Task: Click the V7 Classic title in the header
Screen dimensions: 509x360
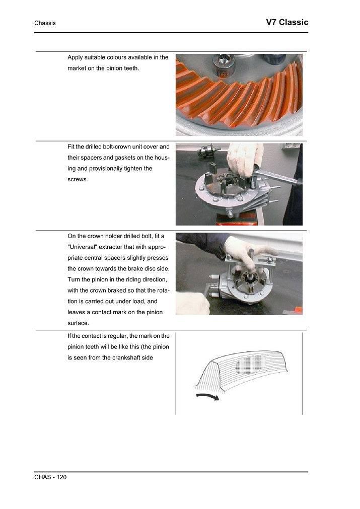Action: pyautogui.click(x=286, y=23)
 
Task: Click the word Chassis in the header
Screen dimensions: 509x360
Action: pyautogui.click(x=45, y=23)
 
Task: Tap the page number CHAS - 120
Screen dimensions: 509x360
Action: pyautogui.click(x=50, y=477)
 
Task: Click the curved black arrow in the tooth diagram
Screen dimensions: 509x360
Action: pyautogui.click(x=207, y=397)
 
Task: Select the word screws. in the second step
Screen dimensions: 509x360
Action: pyautogui.click(x=78, y=179)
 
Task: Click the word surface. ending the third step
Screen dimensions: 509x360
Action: pyautogui.click(x=80, y=323)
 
